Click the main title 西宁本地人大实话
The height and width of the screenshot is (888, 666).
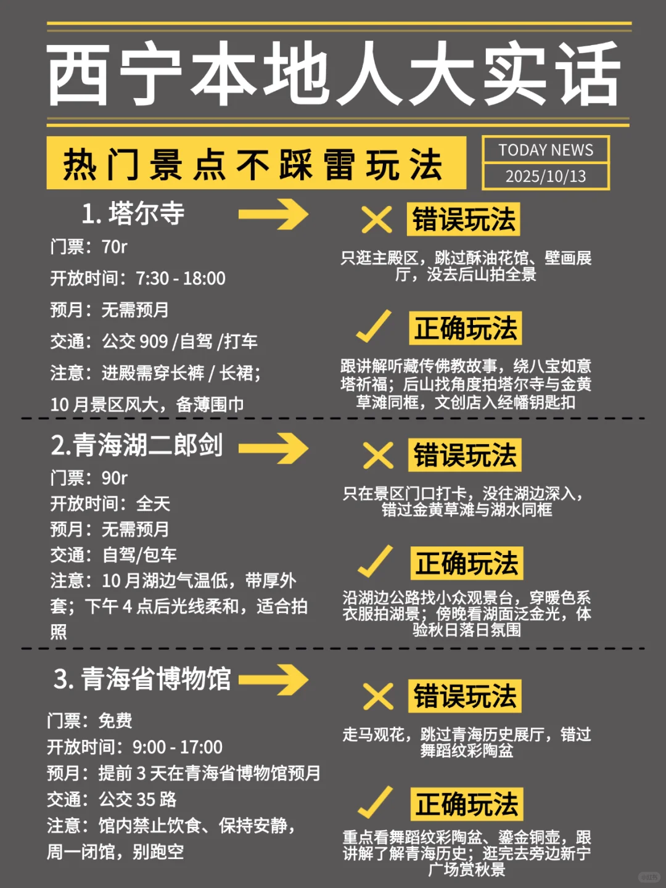tap(333, 74)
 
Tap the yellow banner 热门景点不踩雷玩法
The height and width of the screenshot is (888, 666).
tap(254, 164)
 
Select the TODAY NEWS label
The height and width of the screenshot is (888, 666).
tap(546, 150)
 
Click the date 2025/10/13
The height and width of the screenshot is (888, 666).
tap(546, 176)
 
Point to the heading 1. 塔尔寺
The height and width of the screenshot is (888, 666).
tap(133, 213)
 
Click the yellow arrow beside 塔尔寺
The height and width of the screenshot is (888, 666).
tap(273, 214)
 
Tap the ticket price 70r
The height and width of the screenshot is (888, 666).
tap(115, 247)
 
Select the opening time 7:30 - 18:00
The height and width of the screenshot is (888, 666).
tap(181, 278)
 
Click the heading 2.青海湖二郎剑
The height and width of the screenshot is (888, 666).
tap(137, 445)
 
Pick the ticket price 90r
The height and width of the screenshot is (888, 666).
tap(115, 478)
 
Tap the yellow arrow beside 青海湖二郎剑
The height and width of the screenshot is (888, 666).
tap(273, 448)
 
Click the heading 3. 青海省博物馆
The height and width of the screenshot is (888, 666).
tap(142, 679)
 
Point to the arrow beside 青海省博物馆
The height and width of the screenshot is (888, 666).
tap(273, 680)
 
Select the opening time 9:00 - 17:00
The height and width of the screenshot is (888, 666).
tap(178, 747)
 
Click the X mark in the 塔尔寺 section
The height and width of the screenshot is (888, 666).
tap(376, 220)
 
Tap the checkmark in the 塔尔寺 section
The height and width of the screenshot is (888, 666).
tap(374, 326)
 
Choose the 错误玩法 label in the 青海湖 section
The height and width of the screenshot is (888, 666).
tap(464, 455)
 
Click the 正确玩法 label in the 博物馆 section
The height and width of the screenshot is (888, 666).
tap(467, 804)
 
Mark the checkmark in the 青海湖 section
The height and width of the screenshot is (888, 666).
tap(375, 561)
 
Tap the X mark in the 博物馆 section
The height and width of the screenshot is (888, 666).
tap(377, 697)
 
